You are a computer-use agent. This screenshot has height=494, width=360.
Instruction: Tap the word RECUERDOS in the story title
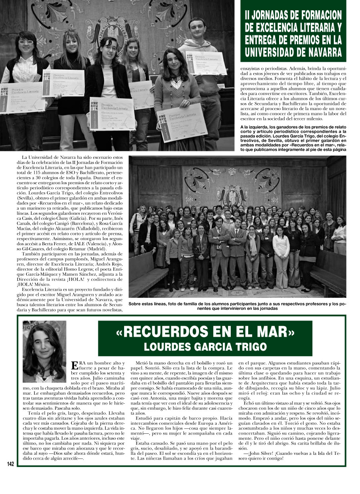tap(180, 332)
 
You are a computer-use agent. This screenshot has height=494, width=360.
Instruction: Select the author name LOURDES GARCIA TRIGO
tap(205, 347)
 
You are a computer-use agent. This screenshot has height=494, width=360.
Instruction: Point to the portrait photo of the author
tap(44, 353)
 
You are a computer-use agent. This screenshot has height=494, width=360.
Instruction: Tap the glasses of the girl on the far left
tap(26, 42)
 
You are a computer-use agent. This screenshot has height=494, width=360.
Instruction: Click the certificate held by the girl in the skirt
tap(182, 122)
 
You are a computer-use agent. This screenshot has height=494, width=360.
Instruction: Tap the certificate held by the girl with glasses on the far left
tap(22, 97)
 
